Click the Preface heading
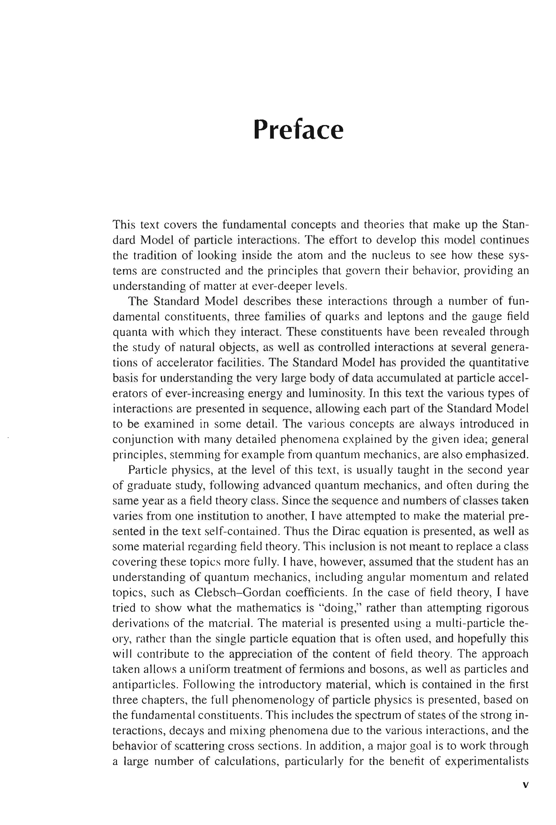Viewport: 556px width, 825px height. [298, 130]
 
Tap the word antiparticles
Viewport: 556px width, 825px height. [144, 684]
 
